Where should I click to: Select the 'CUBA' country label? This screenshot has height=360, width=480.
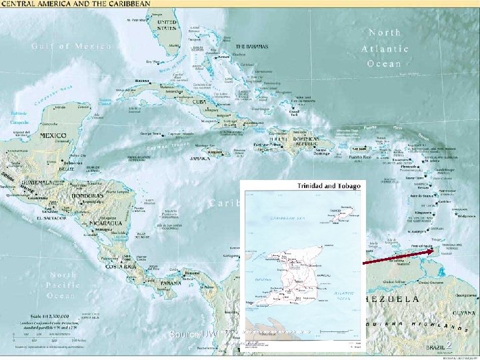pyautogui.click(x=198, y=102)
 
